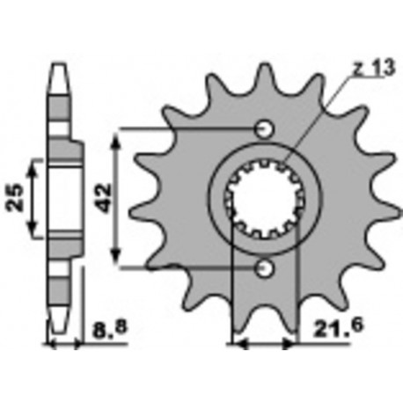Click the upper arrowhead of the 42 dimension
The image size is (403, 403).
[x=117, y=134]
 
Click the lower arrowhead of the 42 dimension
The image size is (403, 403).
[x=117, y=260]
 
